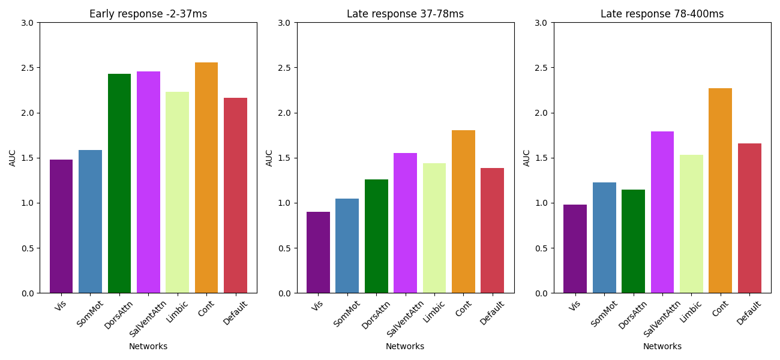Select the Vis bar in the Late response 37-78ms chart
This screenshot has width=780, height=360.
click(318, 253)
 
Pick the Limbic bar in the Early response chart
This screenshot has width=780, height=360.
click(177, 193)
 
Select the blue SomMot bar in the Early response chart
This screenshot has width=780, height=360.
click(90, 221)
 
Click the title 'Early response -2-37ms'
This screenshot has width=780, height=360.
click(148, 14)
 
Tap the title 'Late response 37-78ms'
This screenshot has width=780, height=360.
click(405, 14)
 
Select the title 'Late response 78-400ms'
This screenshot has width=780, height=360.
click(662, 14)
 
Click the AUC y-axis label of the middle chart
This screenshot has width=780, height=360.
click(269, 158)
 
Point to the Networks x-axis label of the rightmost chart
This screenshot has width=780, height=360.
click(662, 346)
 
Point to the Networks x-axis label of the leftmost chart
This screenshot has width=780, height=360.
click(148, 346)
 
